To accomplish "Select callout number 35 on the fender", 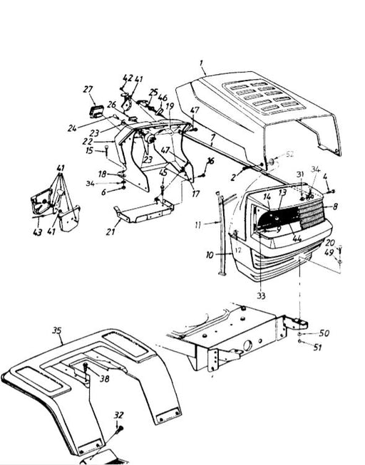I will [x=58, y=330].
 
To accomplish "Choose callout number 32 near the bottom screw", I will [x=118, y=415].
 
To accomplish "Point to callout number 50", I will [x=324, y=333].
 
